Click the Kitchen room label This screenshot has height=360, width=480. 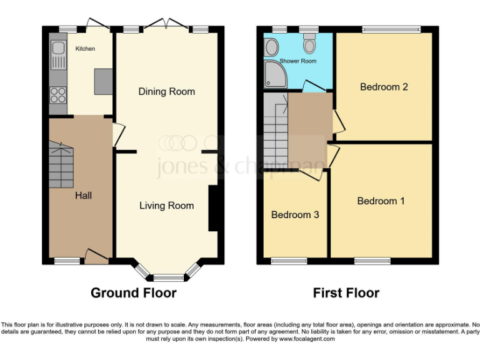click(85, 48)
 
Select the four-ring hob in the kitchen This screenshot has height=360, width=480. click(58, 96)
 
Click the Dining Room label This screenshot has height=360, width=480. click(166, 92)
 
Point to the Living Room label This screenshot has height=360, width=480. click(166, 206)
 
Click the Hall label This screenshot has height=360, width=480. click(83, 196)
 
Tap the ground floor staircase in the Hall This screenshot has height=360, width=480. click(61, 164)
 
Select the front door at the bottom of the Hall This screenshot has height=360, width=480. click(96, 256)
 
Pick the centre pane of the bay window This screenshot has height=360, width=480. click(166, 277)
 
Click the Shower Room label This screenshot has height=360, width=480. click(297, 61)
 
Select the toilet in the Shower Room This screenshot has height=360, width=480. click(309, 44)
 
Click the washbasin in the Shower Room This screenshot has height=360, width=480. click(271, 46)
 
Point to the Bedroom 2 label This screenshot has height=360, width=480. click(384, 87)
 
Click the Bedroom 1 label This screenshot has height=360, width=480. click(381, 201)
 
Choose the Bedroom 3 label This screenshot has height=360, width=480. click(295, 215)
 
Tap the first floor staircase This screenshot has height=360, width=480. click(274, 132)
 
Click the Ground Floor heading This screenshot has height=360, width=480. click(133, 292)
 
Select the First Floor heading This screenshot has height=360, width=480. click(346, 292)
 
